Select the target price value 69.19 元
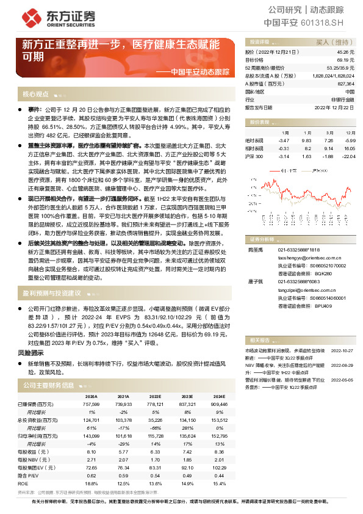tap(345, 60)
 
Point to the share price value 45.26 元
tap(345, 53)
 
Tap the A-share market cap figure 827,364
tap(345, 84)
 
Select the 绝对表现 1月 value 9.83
tap(307, 140)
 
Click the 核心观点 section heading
tap(35, 94)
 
